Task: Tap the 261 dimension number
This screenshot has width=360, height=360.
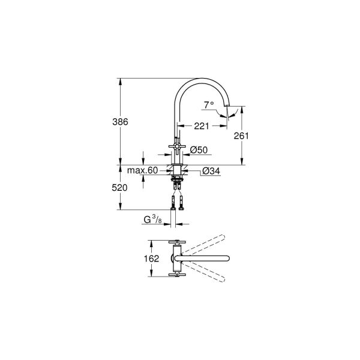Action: coord(241,136)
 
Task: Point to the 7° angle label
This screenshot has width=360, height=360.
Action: coord(208,105)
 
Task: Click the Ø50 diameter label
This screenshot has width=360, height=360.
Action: coord(198,149)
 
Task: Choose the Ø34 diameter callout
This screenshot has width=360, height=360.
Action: coord(209,171)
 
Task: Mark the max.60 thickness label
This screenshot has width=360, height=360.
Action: coord(143,171)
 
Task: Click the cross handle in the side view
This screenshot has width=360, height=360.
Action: coord(177,145)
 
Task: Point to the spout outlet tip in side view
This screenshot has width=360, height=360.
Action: coord(228,113)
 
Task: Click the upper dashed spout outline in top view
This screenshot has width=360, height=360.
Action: coord(207,247)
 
